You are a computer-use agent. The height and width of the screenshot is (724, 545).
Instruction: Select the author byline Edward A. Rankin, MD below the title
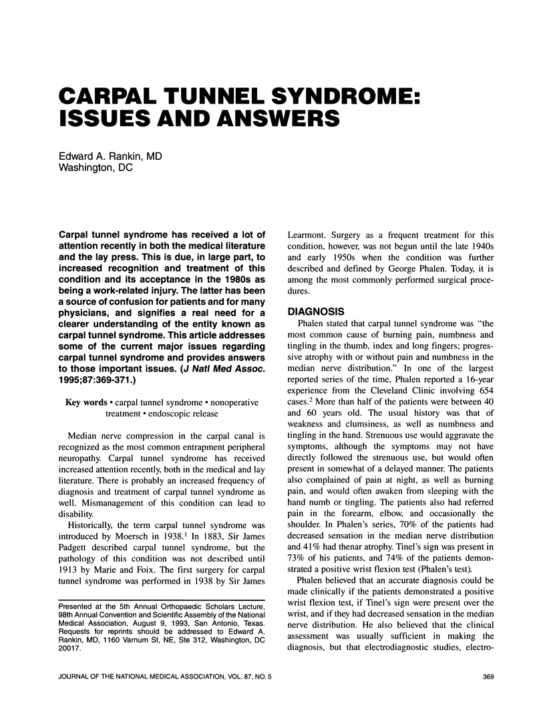(x=110, y=156)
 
